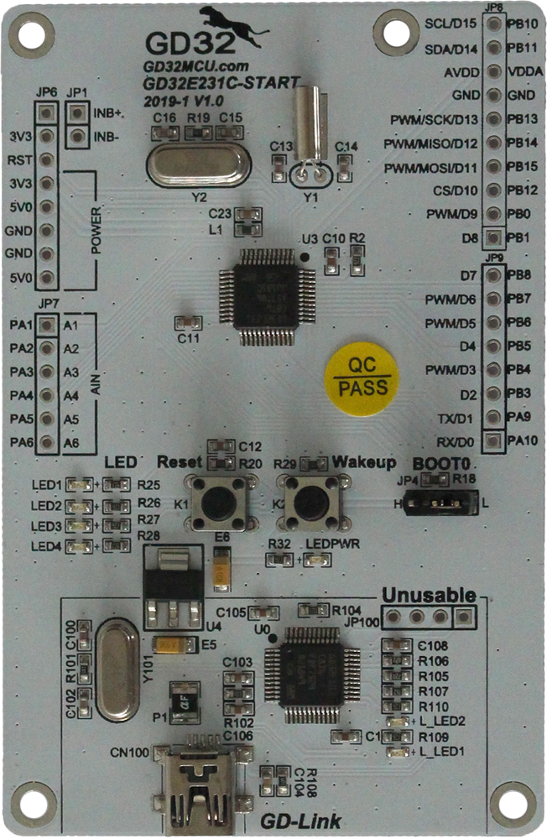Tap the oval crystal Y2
click(198, 164)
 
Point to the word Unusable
click(429, 595)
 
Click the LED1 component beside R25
click(82, 484)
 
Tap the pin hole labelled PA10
click(494, 440)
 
